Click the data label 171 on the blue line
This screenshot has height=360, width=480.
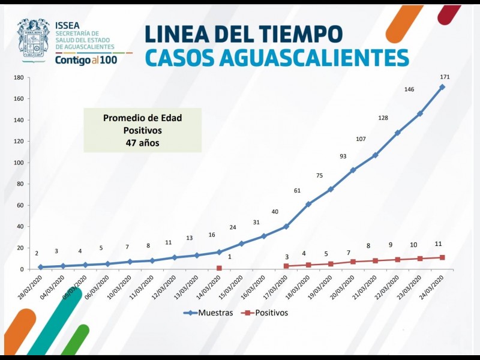point(445,77)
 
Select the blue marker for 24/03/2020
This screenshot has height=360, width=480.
point(442,87)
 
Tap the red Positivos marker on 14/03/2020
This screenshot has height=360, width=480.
point(219,268)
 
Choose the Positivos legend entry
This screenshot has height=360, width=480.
point(264,313)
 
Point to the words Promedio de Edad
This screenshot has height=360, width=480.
point(142,118)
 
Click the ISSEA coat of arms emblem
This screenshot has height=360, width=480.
point(33,40)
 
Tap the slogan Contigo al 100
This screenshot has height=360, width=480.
point(86,60)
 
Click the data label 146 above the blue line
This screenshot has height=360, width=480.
point(409,89)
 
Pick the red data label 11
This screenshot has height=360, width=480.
point(439,244)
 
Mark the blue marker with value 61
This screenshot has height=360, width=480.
point(308,204)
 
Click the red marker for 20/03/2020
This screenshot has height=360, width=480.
point(353,262)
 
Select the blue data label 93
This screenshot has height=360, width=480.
point(343,156)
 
